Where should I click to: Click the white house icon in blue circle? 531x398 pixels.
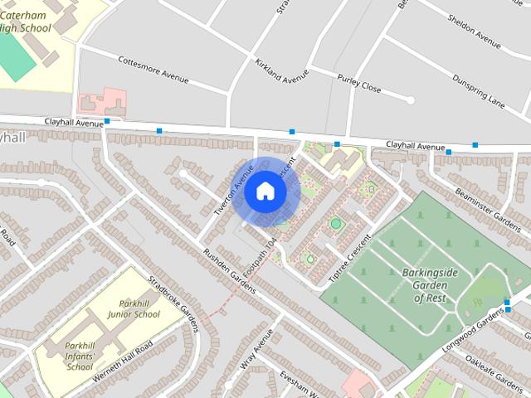click(265, 192)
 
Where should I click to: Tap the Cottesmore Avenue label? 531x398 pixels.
click(153, 70)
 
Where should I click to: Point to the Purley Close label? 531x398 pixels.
click(359, 82)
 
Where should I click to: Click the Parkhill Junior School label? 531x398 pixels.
click(134, 308)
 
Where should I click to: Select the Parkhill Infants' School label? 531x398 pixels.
click(80, 356)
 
